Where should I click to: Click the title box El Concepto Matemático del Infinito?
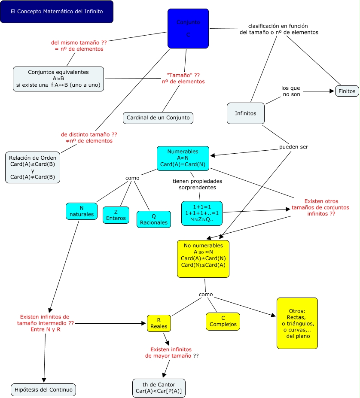point(57,12)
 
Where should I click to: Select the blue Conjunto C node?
point(188,28)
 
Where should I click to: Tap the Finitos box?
point(347,91)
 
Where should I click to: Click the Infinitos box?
point(245,113)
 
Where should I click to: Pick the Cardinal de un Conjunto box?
point(158,118)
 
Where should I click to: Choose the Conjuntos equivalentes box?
point(58,79)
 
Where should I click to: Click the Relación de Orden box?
point(33,167)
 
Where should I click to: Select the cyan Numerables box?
point(183,158)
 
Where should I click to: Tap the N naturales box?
point(81,211)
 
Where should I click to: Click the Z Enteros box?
point(116,215)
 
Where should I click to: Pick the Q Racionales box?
point(153,219)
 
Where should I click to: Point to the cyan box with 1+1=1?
point(202,213)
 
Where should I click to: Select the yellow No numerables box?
point(203,258)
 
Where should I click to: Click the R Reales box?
point(159,323)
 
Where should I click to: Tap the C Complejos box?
point(223,322)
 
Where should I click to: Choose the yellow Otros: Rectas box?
point(297,323)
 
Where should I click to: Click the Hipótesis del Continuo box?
point(43,389)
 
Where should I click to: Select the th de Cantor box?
point(159,388)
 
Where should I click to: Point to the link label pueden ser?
point(293,147)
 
